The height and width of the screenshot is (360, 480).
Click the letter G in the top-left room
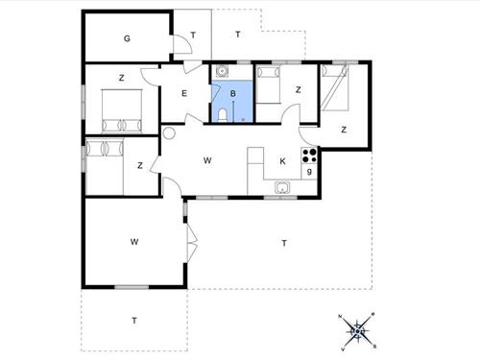[127, 38]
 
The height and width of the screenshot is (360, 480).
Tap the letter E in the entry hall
[184, 93]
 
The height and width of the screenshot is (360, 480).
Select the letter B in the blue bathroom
[232, 93]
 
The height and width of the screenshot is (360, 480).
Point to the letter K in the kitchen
[282, 161]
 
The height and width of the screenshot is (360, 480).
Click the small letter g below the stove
[308, 172]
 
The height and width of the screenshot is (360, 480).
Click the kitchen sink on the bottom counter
[282, 187]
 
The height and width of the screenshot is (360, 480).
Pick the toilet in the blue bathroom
[222, 114]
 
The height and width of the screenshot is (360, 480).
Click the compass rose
[357, 331]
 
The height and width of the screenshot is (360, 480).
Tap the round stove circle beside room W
[170, 134]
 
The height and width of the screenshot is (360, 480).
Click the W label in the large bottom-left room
[135, 242]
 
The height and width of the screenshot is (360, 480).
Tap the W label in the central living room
[207, 161]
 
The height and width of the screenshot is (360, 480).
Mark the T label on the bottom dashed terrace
[134, 320]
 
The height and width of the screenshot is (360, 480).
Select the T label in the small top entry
[193, 36]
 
